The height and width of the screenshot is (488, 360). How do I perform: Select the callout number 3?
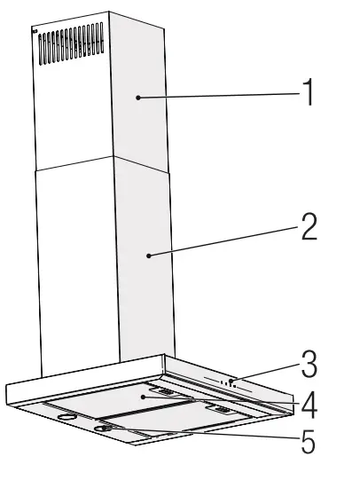[x=308, y=365]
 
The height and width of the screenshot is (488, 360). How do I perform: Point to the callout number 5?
[x=308, y=441]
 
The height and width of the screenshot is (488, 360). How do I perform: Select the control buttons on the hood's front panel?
[x=230, y=384]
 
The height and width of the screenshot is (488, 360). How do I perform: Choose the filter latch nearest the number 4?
[x=220, y=411]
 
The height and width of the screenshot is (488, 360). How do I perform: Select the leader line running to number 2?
[x=226, y=242]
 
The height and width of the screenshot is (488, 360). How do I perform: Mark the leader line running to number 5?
[x=204, y=435]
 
